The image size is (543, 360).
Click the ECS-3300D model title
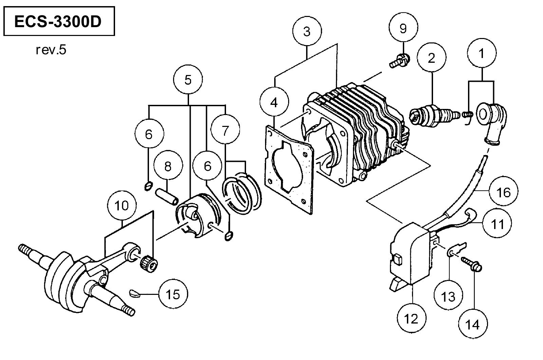58,22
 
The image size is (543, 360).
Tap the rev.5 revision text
51,50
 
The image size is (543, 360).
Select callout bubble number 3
307,31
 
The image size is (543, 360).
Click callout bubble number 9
403,28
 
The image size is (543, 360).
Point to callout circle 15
173,294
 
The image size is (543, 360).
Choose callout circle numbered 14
473,324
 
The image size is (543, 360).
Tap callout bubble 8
168,166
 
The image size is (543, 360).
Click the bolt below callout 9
400,60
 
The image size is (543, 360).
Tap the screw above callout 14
471,264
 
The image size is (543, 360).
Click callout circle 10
122,206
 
